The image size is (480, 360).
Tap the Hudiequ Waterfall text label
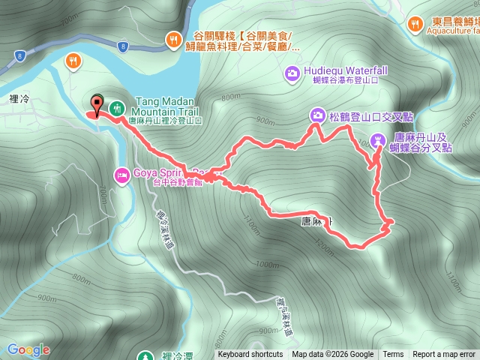coord(346,71)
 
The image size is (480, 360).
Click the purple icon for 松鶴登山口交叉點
coord(317,115)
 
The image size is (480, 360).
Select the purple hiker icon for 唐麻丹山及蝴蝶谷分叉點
coord(379,139)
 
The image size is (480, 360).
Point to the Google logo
coord(28,349)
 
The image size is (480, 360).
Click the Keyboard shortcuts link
coord(250,355)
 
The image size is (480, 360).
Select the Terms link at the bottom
coord(393,355)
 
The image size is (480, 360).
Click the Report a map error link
coord(445,355)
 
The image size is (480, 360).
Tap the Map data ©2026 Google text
coord(333,355)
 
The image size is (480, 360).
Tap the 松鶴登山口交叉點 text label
coord(364,115)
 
